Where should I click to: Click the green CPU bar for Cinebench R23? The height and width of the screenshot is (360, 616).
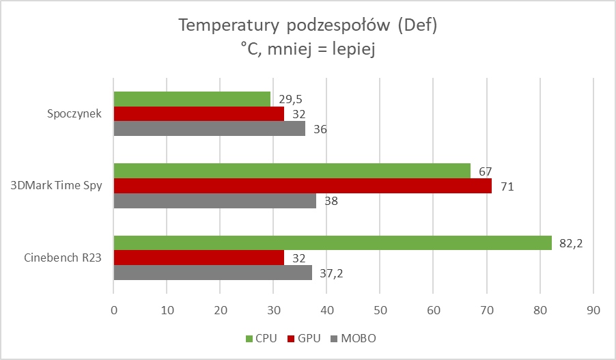pos(333,243)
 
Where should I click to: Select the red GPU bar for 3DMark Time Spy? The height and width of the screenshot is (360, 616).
pos(303,186)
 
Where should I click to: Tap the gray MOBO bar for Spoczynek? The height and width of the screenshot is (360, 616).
pos(209,128)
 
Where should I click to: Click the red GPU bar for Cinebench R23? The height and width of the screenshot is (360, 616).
pos(199,258)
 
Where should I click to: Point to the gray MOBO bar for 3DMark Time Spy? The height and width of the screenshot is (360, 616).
pos(214,201)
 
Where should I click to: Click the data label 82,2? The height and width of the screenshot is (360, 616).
pos(568,243)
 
